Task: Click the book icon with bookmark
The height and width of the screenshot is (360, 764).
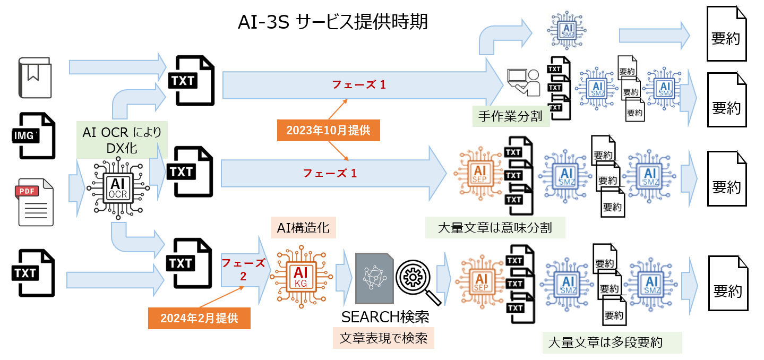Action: coord(36,78)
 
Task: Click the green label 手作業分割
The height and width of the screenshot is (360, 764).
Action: coord(510,116)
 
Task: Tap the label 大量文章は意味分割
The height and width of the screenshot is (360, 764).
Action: coord(494,228)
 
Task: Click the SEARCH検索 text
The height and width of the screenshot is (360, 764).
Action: coord(385,317)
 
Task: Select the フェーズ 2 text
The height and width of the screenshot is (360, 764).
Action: coord(243,269)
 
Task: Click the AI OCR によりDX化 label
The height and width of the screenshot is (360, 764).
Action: coord(122,140)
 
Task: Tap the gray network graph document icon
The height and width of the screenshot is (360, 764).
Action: coord(374,278)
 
